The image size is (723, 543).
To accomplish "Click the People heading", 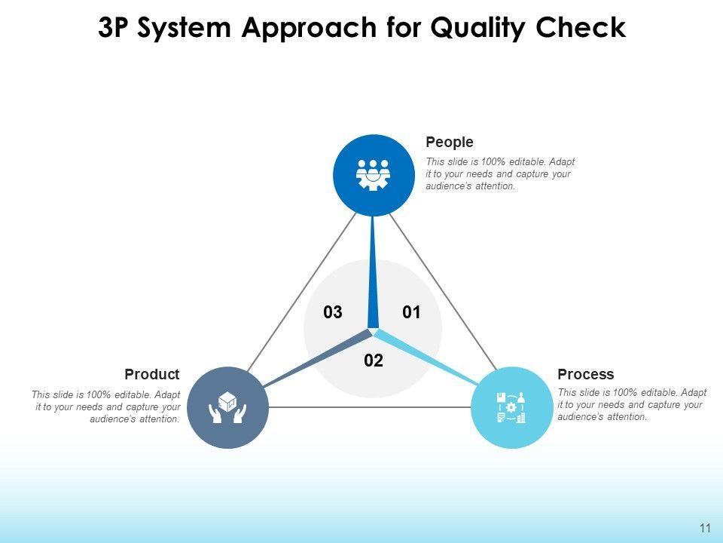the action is click(450, 142).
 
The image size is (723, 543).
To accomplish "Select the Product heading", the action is click(152, 374).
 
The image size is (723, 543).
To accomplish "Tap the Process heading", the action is click(585, 374).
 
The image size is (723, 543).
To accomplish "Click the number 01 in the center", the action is click(411, 312).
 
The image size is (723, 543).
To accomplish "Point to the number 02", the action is click(374, 360).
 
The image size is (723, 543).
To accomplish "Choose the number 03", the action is click(333, 312).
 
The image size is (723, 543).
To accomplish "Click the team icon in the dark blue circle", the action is click(374, 175).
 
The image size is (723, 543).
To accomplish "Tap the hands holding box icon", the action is click(227, 407).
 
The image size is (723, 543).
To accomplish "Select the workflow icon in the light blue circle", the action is click(511, 407).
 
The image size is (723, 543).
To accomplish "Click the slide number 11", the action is click(705, 527).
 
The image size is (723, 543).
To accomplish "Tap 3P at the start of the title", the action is click(115, 27).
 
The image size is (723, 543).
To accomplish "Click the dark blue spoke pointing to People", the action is click(374, 271).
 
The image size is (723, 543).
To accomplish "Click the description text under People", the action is click(499, 174).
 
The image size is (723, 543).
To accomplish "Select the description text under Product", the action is click(106, 406).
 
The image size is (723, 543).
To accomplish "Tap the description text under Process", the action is click(631, 405).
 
